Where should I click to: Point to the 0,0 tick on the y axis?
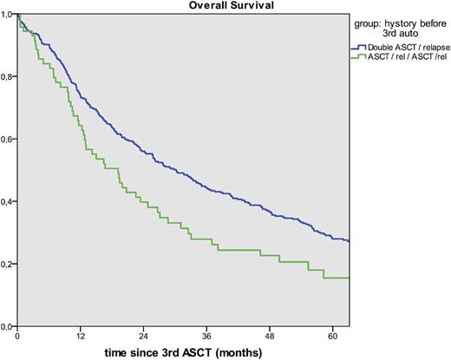point(7,326)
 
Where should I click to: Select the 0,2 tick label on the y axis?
point(7,264)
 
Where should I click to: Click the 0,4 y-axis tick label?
point(7,201)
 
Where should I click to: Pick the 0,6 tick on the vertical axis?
point(7,139)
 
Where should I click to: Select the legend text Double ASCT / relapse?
point(403,47)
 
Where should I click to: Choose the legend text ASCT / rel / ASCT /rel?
point(403,56)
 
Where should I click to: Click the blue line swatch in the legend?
point(356,47)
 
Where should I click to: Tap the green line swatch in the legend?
point(356,56)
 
